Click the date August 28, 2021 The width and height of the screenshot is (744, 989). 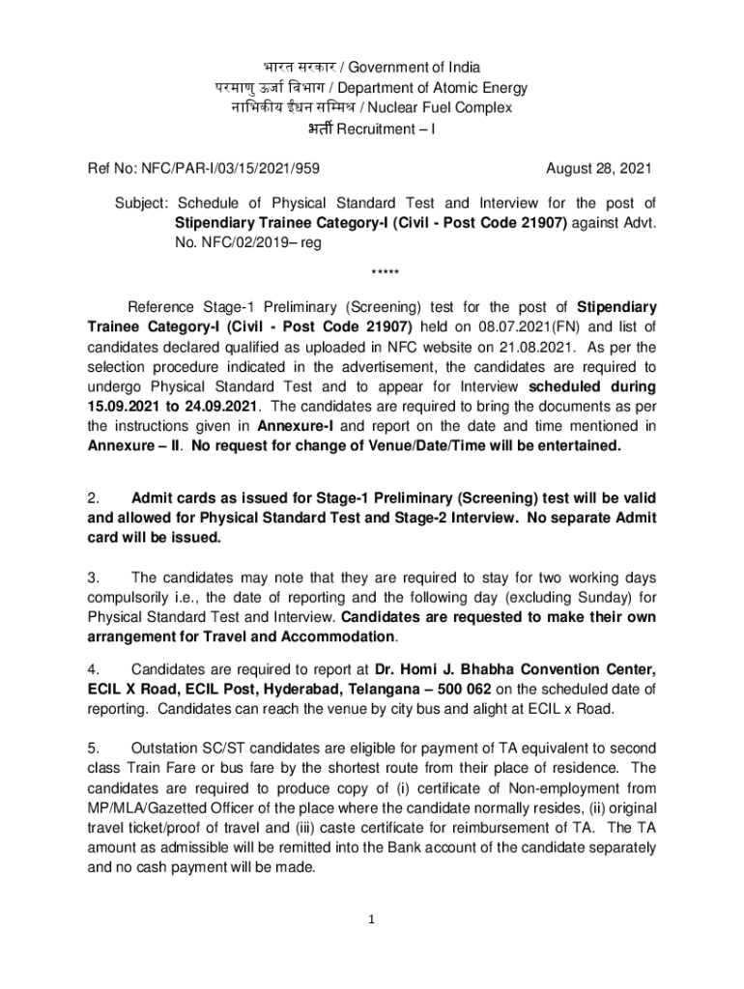pyautogui.click(x=599, y=168)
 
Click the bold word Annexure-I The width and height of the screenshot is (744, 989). pyautogui.click(x=294, y=425)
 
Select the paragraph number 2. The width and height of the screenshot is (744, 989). pyautogui.click(x=93, y=498)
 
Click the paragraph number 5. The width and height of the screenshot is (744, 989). pyautogui.click(x=93, y=749)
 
